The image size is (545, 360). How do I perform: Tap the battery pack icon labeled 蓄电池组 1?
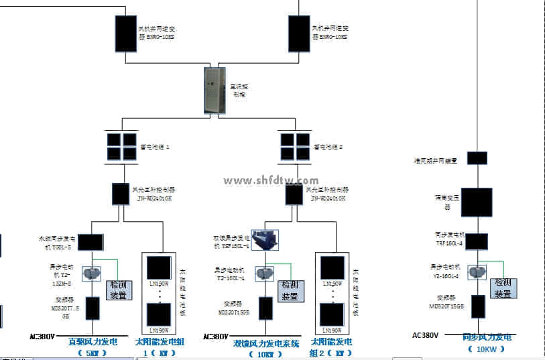[x=121, y=146]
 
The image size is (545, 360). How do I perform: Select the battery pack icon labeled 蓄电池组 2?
[x=296, y=146]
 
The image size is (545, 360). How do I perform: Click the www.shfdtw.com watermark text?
[x=271, y=180]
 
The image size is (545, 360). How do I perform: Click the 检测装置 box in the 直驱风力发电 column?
[x=119, y=290]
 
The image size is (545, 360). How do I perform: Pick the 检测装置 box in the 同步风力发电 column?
[x=503, y=288]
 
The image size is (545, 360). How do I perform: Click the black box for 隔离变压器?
[x=477, y=202]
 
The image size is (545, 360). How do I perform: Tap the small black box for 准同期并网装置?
[x=477, y=158]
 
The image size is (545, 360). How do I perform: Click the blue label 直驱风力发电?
[x=93, y=342]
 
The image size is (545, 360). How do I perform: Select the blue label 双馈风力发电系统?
[x=266, y=343]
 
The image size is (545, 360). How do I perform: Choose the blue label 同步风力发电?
[x=487, y=337]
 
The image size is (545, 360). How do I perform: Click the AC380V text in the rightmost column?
[x=426, y=335]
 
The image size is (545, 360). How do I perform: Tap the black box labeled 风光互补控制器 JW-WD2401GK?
[x=120, y=194]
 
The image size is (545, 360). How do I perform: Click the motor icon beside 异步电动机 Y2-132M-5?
[x=91, y=274]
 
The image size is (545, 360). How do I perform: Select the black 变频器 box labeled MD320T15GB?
[x=478, y=306]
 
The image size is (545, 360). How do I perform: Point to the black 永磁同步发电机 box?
[x=90, y=241]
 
